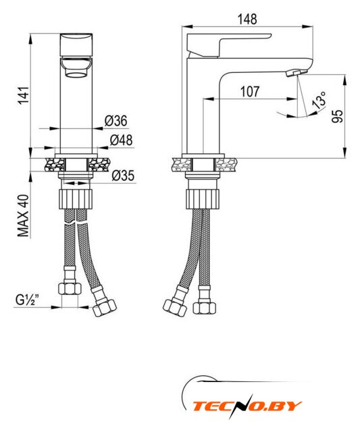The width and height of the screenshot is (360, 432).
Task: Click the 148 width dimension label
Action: (x=247, y=20)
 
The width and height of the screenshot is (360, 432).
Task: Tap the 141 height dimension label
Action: (x=24, y=95)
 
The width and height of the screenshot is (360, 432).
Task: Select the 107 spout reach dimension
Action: (x=250, y=92)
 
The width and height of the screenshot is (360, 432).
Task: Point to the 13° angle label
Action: (x=319, y=100)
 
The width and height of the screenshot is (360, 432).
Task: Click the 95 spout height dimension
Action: (x=337, y=116)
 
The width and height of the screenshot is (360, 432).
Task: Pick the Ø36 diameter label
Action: (x=115, y=121)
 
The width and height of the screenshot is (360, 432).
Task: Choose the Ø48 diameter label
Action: (x=122, y=140)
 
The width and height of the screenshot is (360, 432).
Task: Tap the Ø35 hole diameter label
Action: (x=123, y=175)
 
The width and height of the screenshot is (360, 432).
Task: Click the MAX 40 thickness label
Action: (x=24, y=215)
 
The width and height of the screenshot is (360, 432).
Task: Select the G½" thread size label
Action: (x=28, y=300)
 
